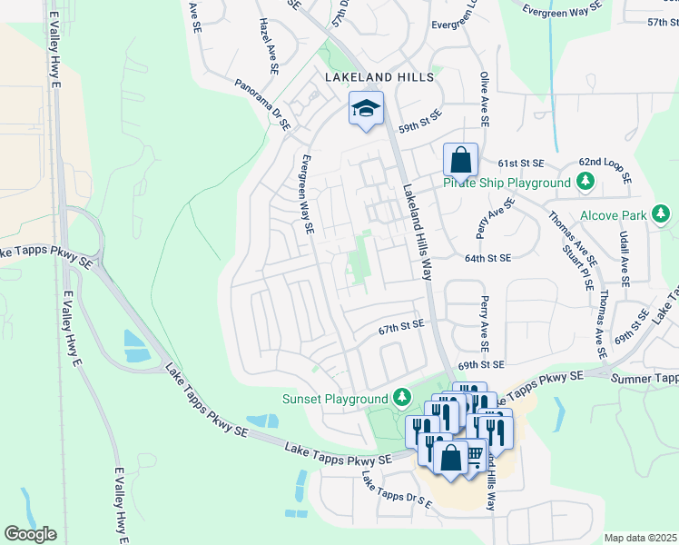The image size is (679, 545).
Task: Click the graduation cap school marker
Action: pyautogui.click(x=366, y=109)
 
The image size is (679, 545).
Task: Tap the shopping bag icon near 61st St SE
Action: pyautogui.click(x=460, y=160)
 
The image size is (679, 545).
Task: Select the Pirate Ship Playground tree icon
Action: pyautogui.click(x=586, y=183)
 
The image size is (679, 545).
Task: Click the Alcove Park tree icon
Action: pyautogui.click(x=663, y=215)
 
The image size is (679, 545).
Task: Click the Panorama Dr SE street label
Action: pyautogui.click(x=262, y=101)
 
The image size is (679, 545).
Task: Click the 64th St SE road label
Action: pyautogui.click(x=488, y=258)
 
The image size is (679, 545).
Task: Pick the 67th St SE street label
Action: pyautogui.click(x=401, y=324)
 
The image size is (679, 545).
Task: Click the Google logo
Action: pyautogui.click(x=30, y=534)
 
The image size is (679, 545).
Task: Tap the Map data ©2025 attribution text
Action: pyautogui.click(x=640, y=538)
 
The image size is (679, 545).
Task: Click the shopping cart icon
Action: pyautogui.click(x=474, y=453)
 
